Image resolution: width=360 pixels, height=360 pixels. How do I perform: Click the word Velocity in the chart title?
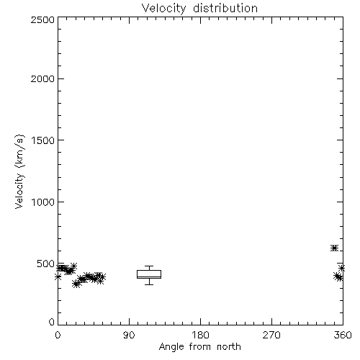tap(164, 9)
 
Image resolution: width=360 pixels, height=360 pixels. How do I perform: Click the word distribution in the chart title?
tap(225, 8)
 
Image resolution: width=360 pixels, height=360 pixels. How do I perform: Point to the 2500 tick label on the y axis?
tap(42, 19)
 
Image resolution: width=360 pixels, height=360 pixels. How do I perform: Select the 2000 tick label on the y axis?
tap(42, 78)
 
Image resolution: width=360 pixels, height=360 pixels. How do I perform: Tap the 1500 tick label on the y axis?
tap(43, 140)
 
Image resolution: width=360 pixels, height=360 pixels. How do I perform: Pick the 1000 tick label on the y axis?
tap(43, 202)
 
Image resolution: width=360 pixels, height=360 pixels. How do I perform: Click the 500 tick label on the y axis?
tap(46, 264)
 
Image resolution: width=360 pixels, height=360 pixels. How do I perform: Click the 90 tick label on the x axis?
tap(129, 335)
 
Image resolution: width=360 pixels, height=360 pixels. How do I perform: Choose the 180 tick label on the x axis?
tap(200, 335)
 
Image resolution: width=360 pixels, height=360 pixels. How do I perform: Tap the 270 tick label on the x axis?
tap(271, 335)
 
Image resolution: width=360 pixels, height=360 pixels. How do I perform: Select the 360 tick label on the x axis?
tap(343, 335)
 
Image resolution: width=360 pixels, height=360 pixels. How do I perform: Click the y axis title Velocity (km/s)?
tap(19, 171)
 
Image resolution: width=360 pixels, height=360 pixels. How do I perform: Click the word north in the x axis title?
tap(229, 347)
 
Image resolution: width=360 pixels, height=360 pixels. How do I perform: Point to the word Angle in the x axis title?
tap(171, 348)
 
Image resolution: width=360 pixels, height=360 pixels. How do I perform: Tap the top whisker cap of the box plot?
tap(149, 266)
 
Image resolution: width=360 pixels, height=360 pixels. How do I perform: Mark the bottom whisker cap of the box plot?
tap(149, 284)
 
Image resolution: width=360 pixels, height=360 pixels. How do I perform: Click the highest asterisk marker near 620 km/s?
tap(334, 248)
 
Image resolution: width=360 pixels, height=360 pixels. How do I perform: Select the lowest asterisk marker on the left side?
tap(76, 284)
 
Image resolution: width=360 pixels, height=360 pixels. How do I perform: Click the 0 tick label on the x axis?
tap(58, 335)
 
